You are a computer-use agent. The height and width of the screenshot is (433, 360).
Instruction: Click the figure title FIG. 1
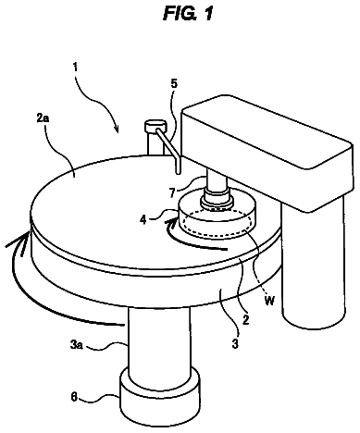pyautogui.click(x=188, y=14)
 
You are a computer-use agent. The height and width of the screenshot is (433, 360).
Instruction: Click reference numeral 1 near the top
pyautogui.click(x=75, y=67)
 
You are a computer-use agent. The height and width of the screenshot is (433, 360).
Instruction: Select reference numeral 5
pyautogui.click(x=175, y=84)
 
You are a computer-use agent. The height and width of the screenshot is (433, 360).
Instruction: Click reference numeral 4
pyautogui.click(x=143, y=220)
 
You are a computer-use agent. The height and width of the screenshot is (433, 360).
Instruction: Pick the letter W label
pyautogui.click(x=269, y=301)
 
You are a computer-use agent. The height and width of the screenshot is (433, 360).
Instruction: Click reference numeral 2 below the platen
pyautogui.click(x=245, y=320)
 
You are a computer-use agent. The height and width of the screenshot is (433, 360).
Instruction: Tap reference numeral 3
pyautogui.click(x=235, y=343)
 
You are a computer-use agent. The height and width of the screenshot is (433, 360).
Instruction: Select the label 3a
pyautogui.click(x=77, y=345)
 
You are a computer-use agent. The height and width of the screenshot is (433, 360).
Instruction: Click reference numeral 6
pyautogui.click(x=74, y=397)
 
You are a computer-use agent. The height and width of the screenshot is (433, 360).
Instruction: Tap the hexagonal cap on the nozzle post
pyautogui.click(x=155, y=126)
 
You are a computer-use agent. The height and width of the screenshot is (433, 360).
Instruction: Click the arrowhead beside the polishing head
pyautogui.click(x=172, y=220)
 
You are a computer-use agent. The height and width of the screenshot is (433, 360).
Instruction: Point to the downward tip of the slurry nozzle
pyautogui.click(x=178, y=173)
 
